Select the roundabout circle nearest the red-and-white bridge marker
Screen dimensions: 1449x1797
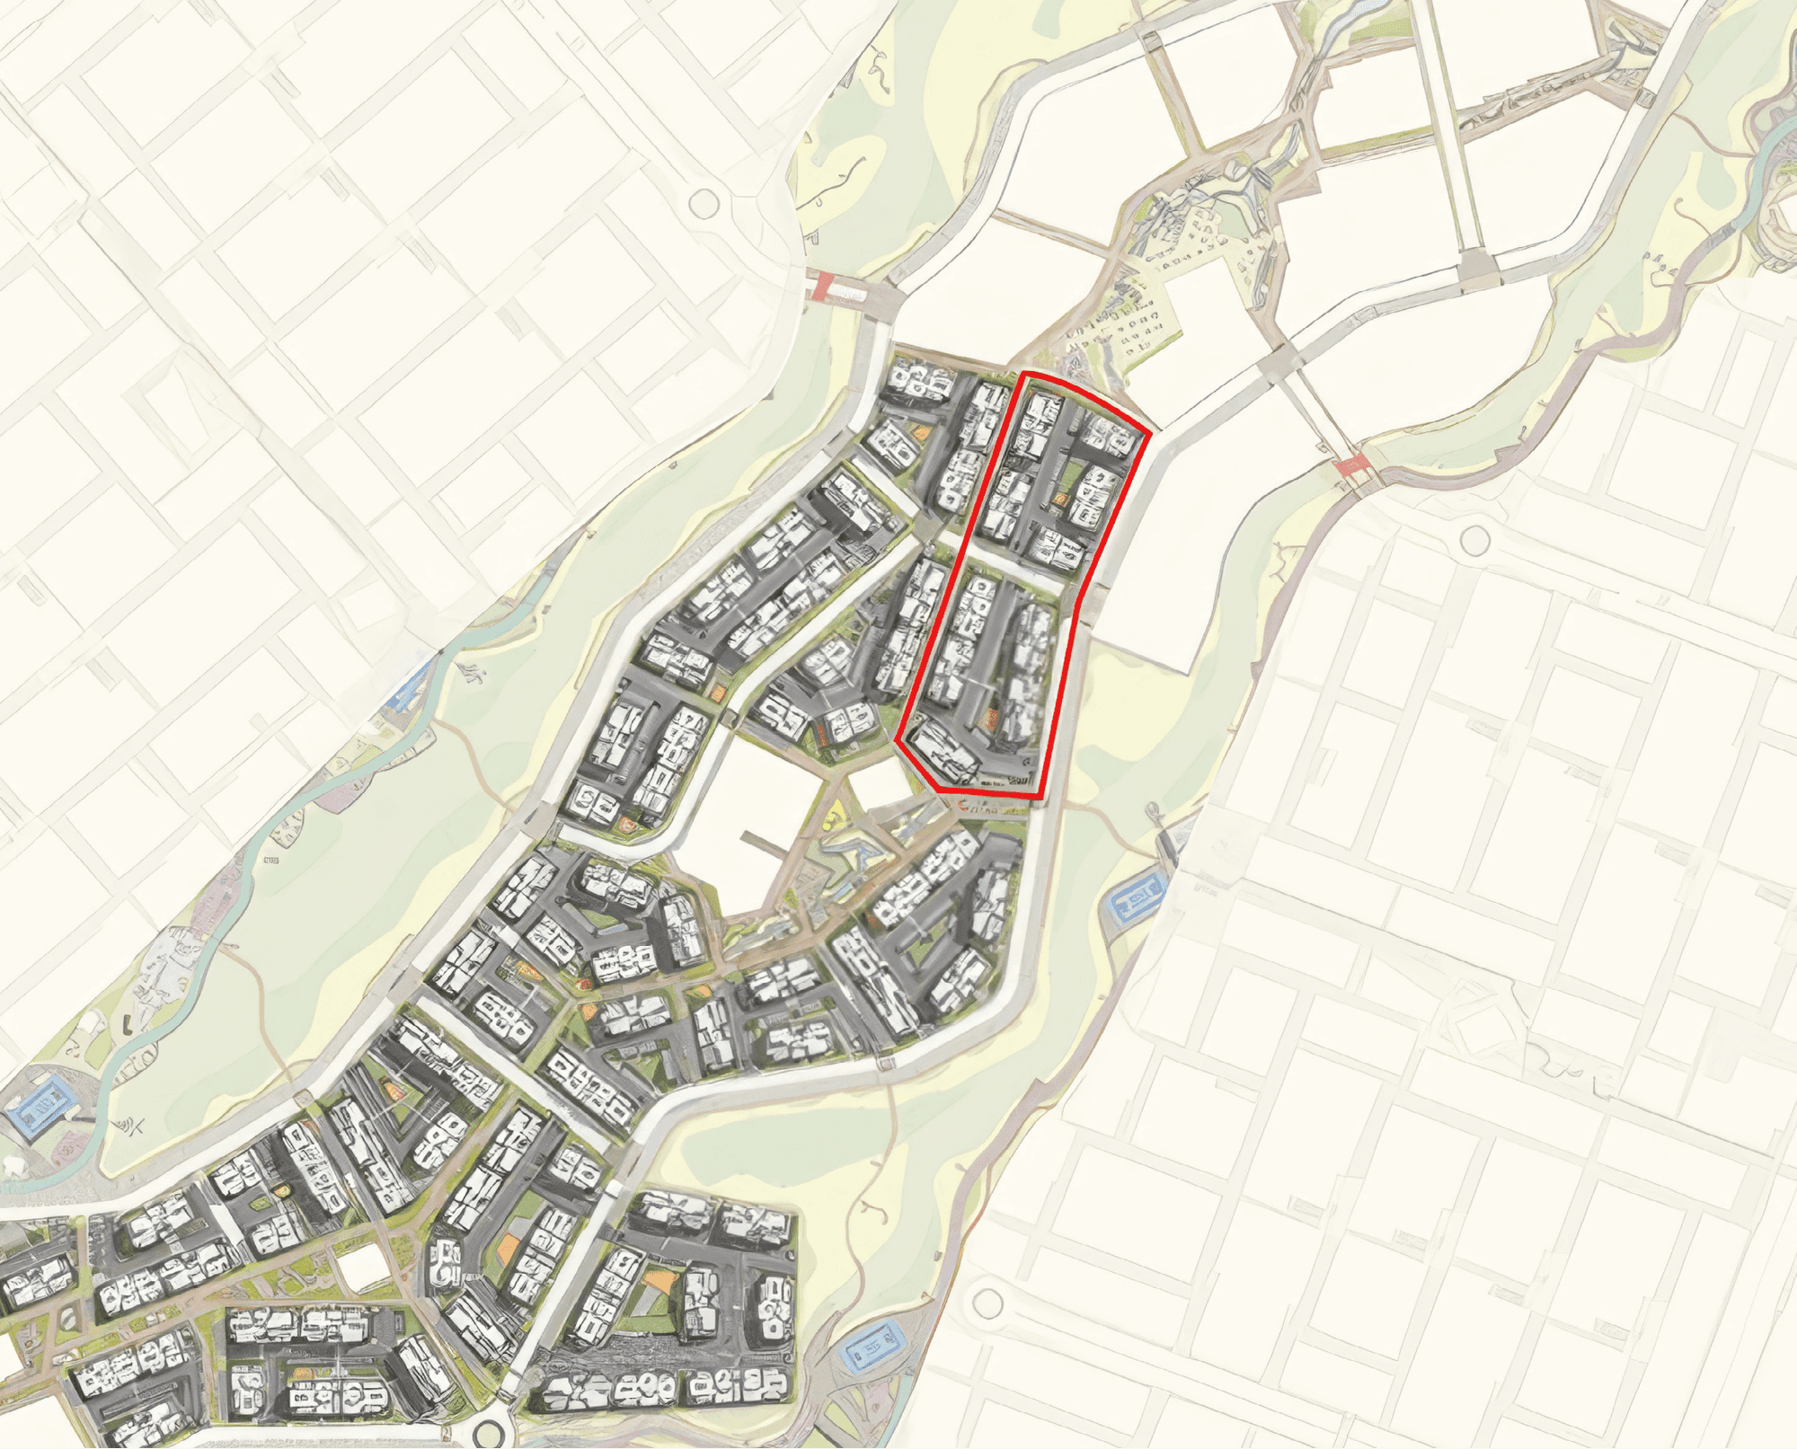(704, 204)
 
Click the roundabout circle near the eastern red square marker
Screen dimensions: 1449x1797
(1474, 540)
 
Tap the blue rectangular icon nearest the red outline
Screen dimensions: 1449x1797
(1138, 896)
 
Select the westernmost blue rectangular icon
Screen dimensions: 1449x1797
(39, 1111)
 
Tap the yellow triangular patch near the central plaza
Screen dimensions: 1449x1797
(832, 817)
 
